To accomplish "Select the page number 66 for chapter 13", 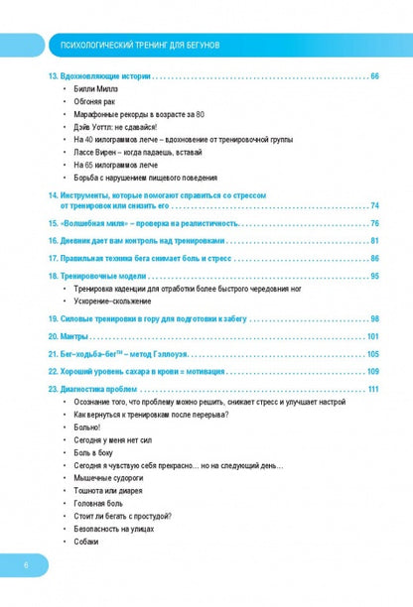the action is click(373, 76).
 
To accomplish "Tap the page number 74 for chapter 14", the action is click(374, 205).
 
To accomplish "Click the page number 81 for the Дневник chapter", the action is click(374, 240).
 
